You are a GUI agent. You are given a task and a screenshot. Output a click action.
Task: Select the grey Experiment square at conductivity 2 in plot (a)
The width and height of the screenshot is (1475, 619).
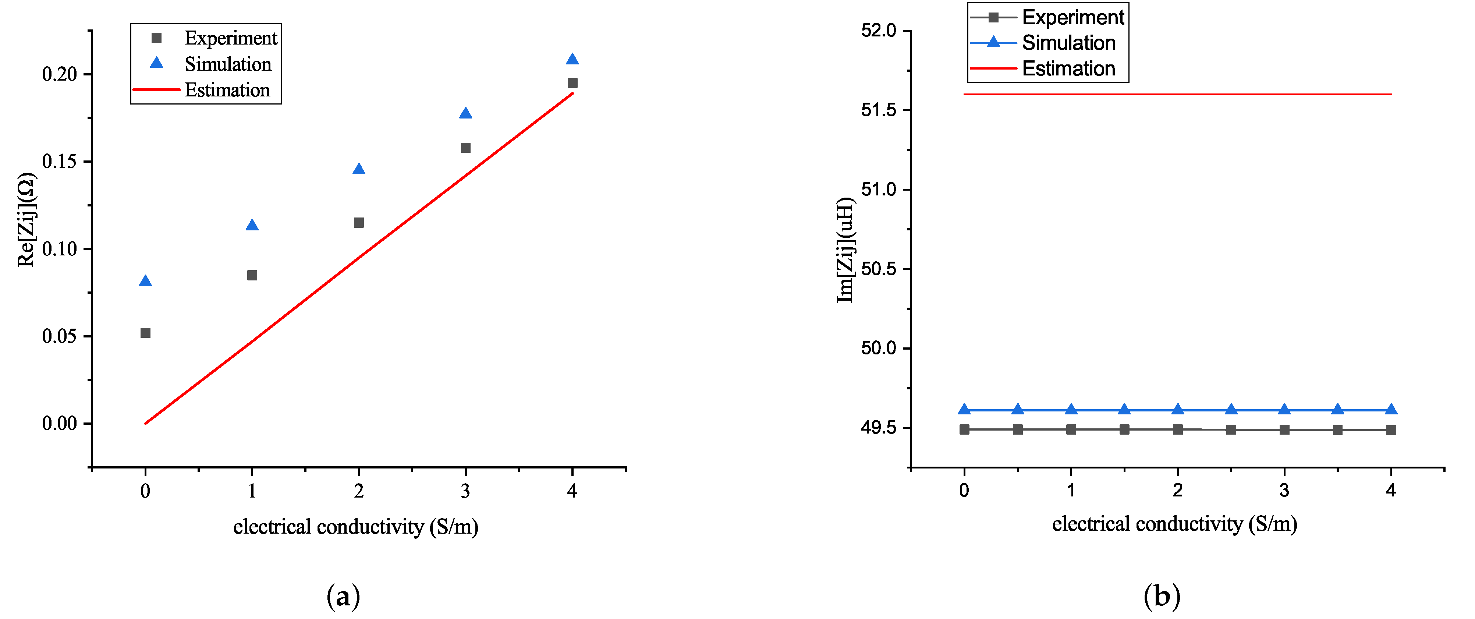point(359,223)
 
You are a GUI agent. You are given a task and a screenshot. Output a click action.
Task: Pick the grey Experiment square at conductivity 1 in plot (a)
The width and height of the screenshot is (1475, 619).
point(252,275)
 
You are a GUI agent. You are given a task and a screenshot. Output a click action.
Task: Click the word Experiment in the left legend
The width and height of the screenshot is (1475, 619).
point(230,38)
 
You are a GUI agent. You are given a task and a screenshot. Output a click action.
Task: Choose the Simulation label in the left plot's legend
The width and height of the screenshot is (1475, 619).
point(227,64)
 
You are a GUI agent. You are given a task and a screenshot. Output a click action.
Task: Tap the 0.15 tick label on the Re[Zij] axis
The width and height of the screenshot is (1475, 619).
point(60,162)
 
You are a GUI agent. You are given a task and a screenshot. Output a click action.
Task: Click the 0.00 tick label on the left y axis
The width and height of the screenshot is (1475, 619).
point(60,424)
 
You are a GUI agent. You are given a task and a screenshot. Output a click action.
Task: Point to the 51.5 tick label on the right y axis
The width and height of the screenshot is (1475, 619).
point(878,110)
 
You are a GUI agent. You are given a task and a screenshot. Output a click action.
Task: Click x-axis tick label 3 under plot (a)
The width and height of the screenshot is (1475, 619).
point(465,491)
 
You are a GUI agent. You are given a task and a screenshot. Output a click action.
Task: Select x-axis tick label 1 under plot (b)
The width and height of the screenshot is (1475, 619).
point(1071,490)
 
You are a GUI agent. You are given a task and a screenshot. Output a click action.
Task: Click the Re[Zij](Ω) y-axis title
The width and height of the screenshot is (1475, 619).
point(26,220)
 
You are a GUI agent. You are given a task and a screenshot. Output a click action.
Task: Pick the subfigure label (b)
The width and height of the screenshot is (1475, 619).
point(1162,597)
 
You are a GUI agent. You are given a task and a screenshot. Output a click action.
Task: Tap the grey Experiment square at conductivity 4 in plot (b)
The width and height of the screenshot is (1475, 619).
point(1391,430)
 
